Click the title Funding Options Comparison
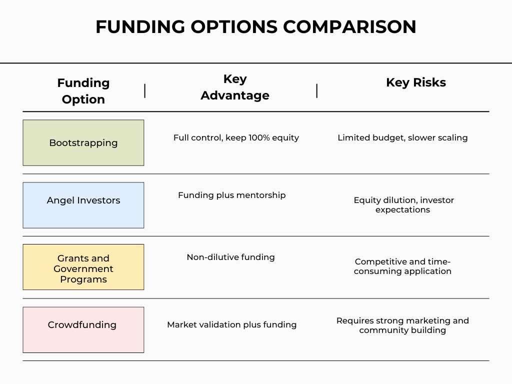pos(255,27)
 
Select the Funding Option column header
pos(83,91)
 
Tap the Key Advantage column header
pos(235,87)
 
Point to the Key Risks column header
pos(415,82)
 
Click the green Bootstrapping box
pos(83,142)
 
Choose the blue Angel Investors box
pos(83,205)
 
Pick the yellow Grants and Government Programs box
pos(83,267)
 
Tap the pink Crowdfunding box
pos(83,329)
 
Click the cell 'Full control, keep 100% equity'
pos(236,137)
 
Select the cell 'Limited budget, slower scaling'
pos(402,137)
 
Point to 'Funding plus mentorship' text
pos(231,195)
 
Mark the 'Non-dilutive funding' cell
pos(230,257)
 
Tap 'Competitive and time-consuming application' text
pos(402,266)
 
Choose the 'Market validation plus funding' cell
pos(231,324)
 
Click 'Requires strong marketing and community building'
pos(402,325)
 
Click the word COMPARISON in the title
pos(349,27)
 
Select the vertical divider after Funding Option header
pos(145,91)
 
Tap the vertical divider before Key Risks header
pos(317,91)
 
